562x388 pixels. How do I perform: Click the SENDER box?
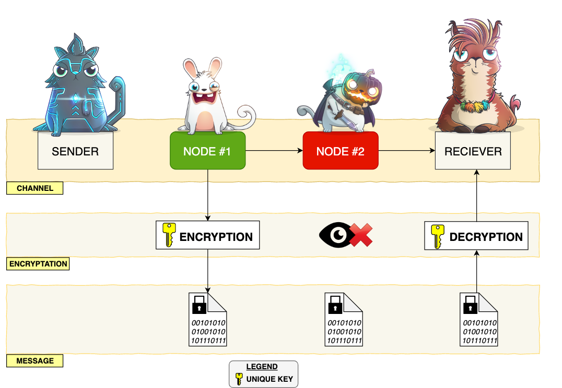(x=75, y=151)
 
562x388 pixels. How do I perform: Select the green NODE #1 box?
(x=207, y=151)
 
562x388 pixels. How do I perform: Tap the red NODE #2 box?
(x=341, y=151)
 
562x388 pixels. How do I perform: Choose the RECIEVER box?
(x=473, y=151)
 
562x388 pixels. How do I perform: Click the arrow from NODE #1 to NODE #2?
(x=274, y=151)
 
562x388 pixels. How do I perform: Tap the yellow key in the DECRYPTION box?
(x=437, y=236)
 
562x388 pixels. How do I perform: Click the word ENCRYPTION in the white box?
(x=216, y=237)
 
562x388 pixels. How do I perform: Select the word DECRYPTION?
(x=486, y=237)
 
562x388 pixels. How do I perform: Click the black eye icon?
(x=334, y=236)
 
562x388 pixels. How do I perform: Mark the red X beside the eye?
(x=361, y=236)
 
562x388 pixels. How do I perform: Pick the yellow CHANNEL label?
(x=35, y=188)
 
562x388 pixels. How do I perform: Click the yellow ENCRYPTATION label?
(x=38, y=264)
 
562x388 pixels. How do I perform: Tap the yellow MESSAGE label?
(x=35, y=360)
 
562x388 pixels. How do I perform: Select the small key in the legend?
(x=239, y=378)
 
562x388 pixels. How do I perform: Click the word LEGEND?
(x=262, y=367)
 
